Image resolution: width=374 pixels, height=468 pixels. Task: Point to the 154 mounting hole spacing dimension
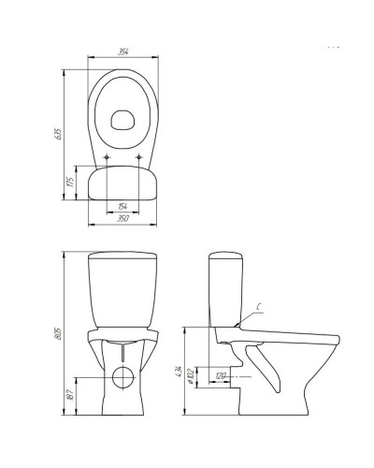click(123, 207)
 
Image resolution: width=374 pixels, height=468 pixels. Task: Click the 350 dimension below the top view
click(123, 218)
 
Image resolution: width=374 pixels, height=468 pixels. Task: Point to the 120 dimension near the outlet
click(221, 374)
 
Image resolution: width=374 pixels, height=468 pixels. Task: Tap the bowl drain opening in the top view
click(123, 119)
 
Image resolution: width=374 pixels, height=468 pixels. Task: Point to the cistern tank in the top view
click(123, 183)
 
